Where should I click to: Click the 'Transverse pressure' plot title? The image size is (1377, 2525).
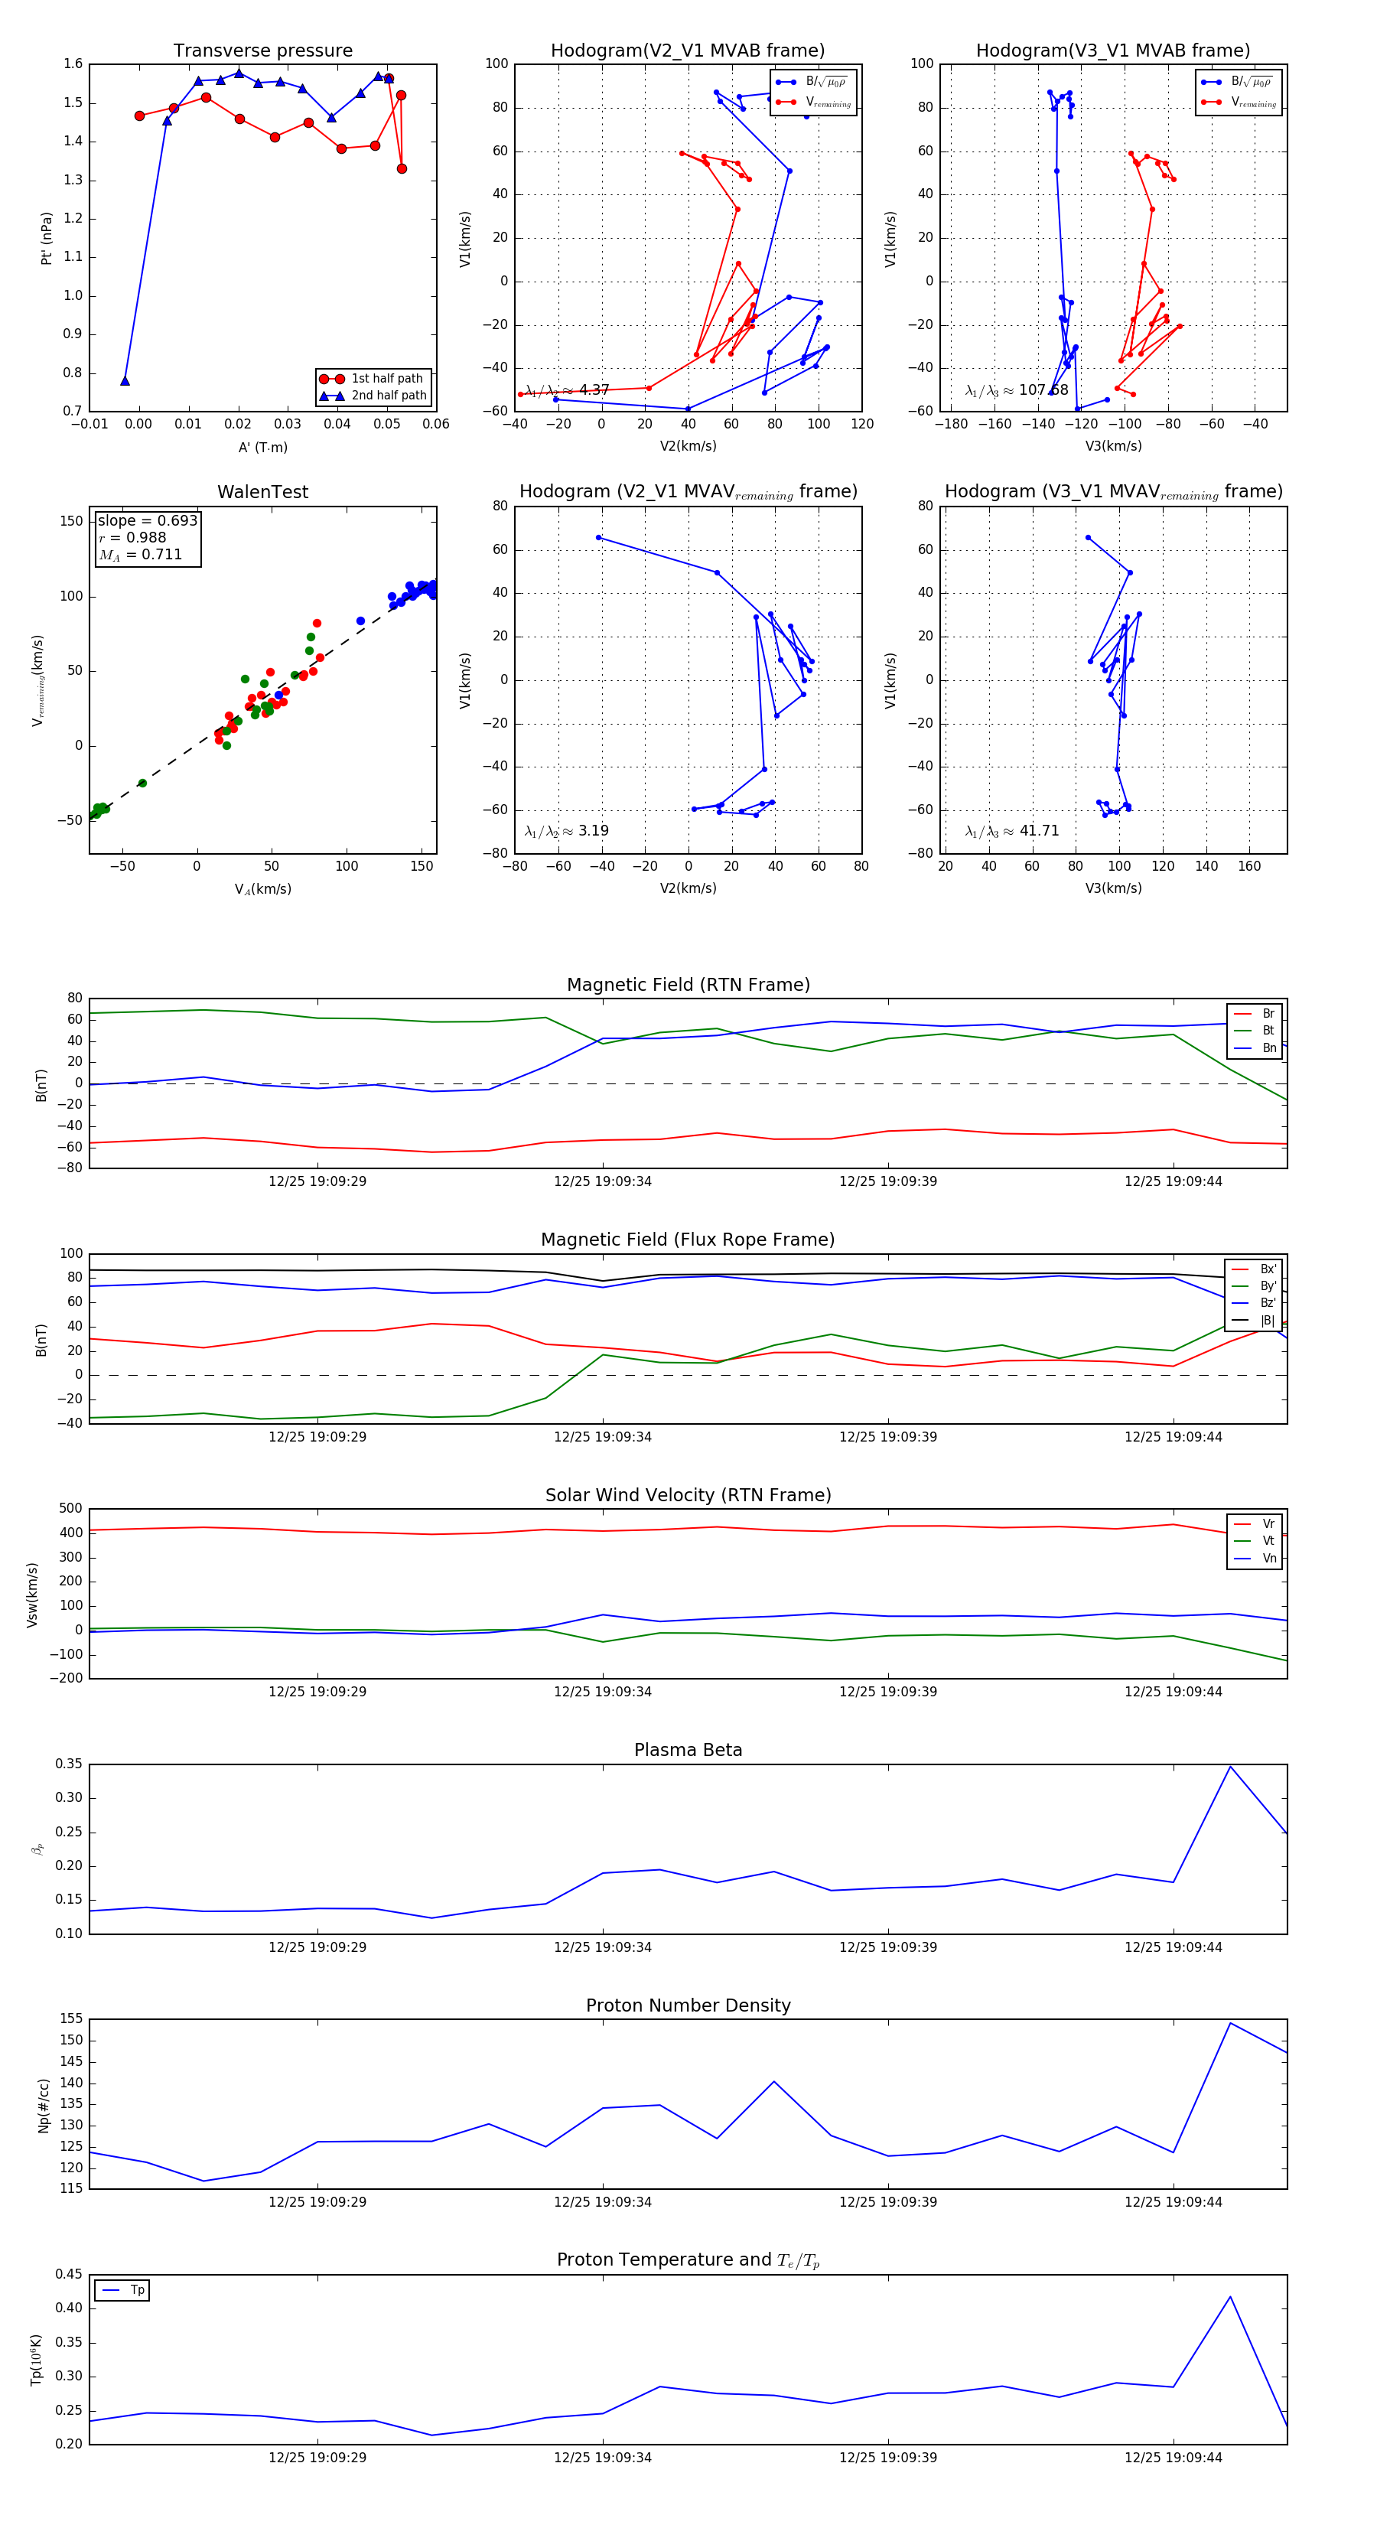[262, 51]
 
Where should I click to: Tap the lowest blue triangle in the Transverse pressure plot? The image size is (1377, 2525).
[125, 380]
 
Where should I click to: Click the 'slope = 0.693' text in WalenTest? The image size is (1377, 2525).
[147, 520]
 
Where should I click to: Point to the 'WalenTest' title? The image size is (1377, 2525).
[262, 492]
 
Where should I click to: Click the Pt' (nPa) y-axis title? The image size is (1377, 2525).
[46, 238]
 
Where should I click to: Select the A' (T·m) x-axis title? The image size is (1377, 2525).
[262, 448]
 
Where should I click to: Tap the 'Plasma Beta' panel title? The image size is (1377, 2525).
[688, 1750]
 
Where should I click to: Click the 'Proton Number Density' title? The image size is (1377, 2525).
[688, 2005]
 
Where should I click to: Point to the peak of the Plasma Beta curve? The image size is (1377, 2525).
[1230, 1766]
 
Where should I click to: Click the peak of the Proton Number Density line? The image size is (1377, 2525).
[1230, 2023]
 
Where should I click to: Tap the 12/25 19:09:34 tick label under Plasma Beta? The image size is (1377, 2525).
[602, 1947]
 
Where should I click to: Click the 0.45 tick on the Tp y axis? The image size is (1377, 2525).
[69, 2274]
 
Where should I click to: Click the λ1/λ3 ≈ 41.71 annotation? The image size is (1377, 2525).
[1011, 831]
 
